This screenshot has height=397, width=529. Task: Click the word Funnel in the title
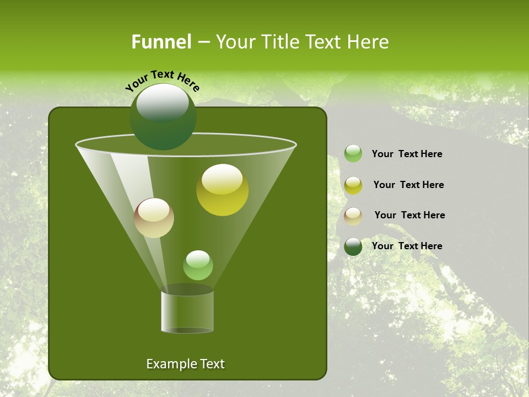pos(161,42)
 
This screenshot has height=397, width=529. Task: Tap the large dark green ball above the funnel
pos(163,117)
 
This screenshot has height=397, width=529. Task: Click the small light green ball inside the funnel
pos(198,265)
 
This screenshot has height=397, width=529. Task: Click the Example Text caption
pos(185,364)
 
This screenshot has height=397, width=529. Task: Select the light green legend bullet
pos(353,154)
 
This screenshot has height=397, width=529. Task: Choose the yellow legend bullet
pos(353,185)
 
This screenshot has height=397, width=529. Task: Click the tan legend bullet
pos(353,216)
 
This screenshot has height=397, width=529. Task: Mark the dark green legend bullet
pos(353,246)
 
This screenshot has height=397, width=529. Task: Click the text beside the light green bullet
pos(407,154)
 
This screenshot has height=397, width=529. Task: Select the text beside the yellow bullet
pos(408,185)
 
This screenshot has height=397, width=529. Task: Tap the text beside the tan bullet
pos(409,216)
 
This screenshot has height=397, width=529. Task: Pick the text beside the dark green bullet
pos(407,246)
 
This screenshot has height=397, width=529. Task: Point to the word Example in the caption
pos(170,364)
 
